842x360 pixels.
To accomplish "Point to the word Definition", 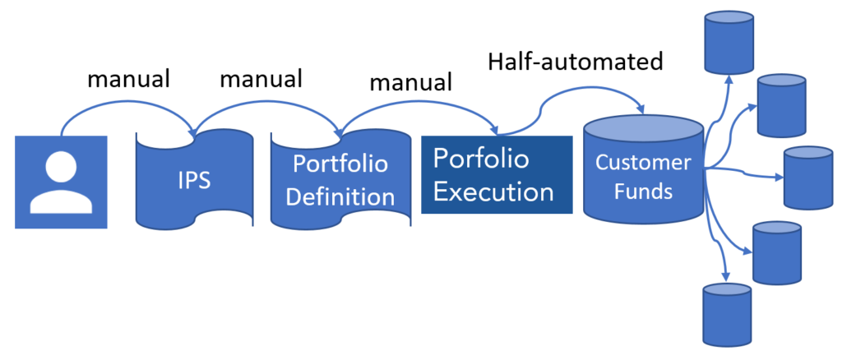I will pyautogui.click(x=340, y=197).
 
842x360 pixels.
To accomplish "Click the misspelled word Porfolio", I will pyautogui.click(x=481, y=158).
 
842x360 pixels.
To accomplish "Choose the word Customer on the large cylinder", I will pyautogui.click(x=643, y=162).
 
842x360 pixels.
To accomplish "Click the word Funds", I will pyautogui.click(x=643, y=192).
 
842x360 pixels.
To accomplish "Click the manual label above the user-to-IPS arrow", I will pyautogui.click(x=128, y=80).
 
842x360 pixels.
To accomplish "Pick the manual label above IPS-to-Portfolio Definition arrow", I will pyautogui.click(x=261, y=79).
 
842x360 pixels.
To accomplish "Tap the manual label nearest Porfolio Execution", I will pyautogui.click(x=410, y=82).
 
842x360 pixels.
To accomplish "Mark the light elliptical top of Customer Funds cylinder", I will pyautogui.click(x=643, y=129).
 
